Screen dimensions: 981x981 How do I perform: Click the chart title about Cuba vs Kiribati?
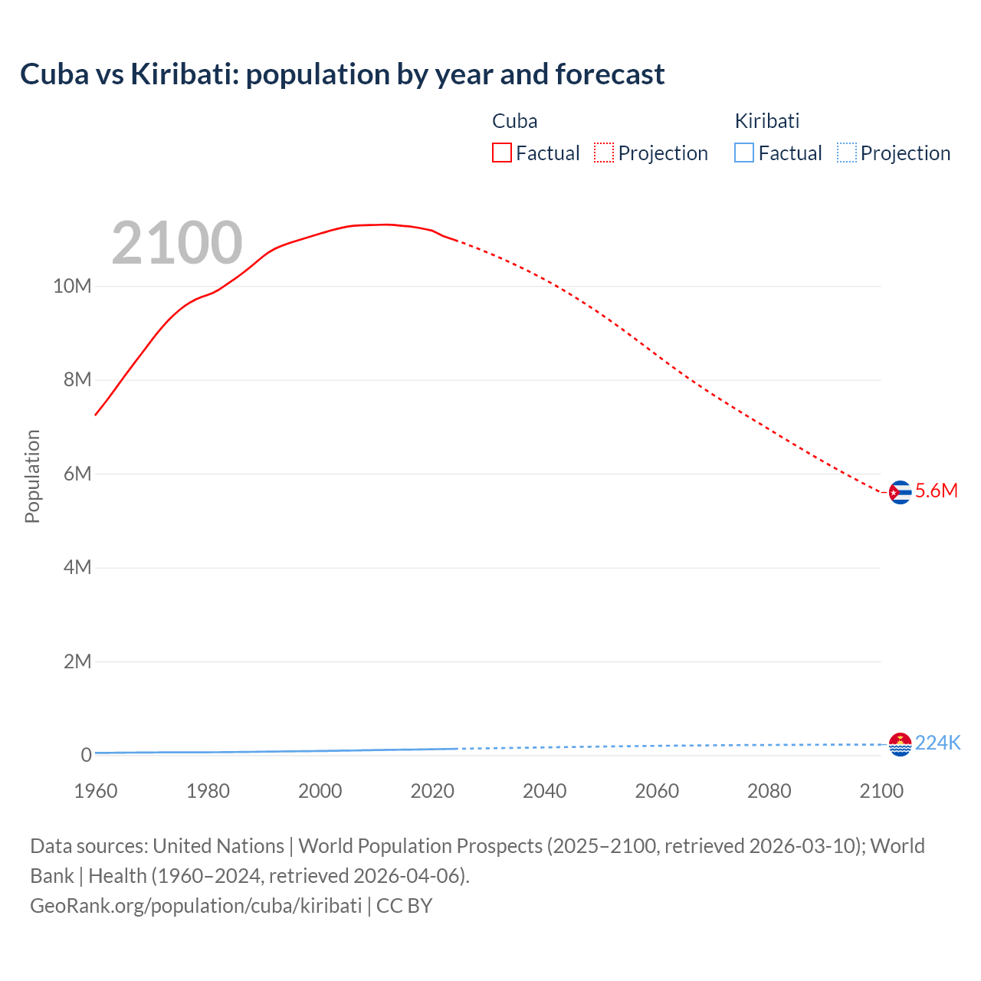pyautogui.click(x=342, y=74)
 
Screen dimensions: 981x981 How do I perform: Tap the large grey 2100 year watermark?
pyautogui.click(x=177, y=243)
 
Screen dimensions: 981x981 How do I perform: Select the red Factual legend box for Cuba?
pyautogui.click(x=501, y=153)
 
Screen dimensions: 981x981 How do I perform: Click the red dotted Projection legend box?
pyautogui.click(x=604, y=153)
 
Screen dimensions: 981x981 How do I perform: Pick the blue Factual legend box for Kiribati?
pyautogui.click(x=743, y=153)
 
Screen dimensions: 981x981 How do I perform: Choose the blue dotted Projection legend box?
pyautogui.click(x=846, y=153)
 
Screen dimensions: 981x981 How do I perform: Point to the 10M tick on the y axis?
pyautogui.click(x=72, y=286)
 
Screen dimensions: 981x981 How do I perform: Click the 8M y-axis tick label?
pyautogui.click(x=77, y=380)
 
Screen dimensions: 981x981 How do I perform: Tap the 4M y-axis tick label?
pyautogui.click(x=77, y=567)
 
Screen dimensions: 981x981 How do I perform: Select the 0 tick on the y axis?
pyautogui.click(x=86, y=755)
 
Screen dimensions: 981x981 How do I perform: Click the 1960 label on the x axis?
pyautogui.click(x=96, y=791)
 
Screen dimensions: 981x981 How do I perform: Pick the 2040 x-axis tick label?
pyautogui.click(x=544, y=791)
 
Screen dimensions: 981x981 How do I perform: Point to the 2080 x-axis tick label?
pyautogui.click(x=769, y=791)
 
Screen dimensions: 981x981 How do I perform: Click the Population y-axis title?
pyautogui.click(x=32, y=476)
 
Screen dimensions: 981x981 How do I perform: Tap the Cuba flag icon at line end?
pyautogui.click(x=900, y=492)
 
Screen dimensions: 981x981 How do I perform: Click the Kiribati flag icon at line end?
pyautogui.click(x=900, y=744)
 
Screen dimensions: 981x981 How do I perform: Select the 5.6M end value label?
pyautogui.click(x=937, y=491)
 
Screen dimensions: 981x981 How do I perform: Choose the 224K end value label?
pyautogui.click(x=937, y=743)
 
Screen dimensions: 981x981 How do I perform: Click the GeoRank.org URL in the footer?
pyautogui.click(x=195, y=906)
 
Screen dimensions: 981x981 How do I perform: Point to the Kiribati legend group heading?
pyautogui.click(x=766, y=121)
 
